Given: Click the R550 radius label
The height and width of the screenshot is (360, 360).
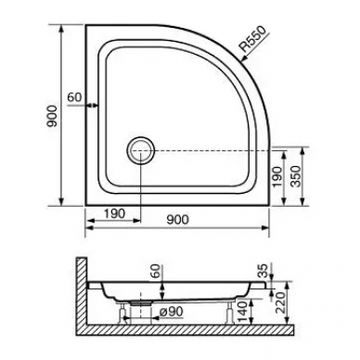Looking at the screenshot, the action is [x=253, y=39].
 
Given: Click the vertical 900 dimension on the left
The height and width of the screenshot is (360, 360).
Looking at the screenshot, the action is [x=52, y=116].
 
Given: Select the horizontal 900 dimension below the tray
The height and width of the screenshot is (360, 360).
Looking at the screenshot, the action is [x=177, y=219].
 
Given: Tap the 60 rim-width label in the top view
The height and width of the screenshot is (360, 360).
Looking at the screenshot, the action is [x=74, y=97].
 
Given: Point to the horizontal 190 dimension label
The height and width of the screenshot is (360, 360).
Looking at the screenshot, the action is [x=114, y=213].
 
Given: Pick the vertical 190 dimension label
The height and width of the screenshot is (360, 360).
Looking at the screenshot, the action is [x=277, y=176].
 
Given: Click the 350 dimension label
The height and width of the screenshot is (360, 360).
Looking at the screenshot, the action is [x=296, y=176].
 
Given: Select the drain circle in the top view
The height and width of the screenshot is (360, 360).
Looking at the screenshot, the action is [x=140, y=150].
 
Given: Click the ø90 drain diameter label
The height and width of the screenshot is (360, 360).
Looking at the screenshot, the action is [x=171, y=312].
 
